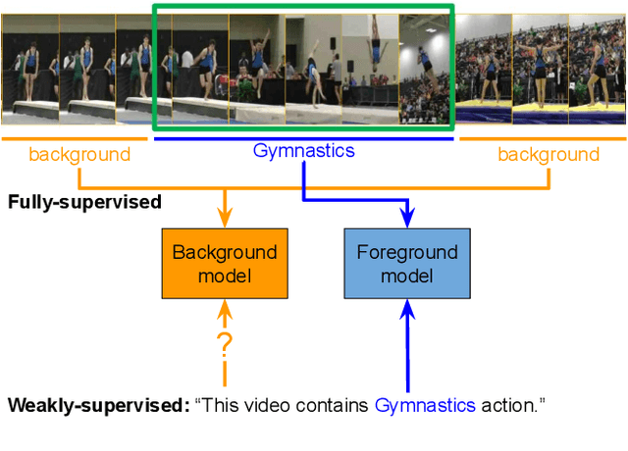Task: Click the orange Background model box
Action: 225,263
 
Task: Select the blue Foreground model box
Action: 406,263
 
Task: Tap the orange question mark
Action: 225,344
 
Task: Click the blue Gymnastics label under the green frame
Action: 303,151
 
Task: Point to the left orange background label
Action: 78,154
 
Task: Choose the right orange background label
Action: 548,154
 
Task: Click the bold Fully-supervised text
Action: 84,203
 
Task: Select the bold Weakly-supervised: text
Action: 98,405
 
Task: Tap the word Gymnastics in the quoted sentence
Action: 424,405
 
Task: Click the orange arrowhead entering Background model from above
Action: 225,219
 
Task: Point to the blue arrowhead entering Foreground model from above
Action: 406,219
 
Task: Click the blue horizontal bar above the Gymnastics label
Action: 303,138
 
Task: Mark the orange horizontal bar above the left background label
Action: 75,138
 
